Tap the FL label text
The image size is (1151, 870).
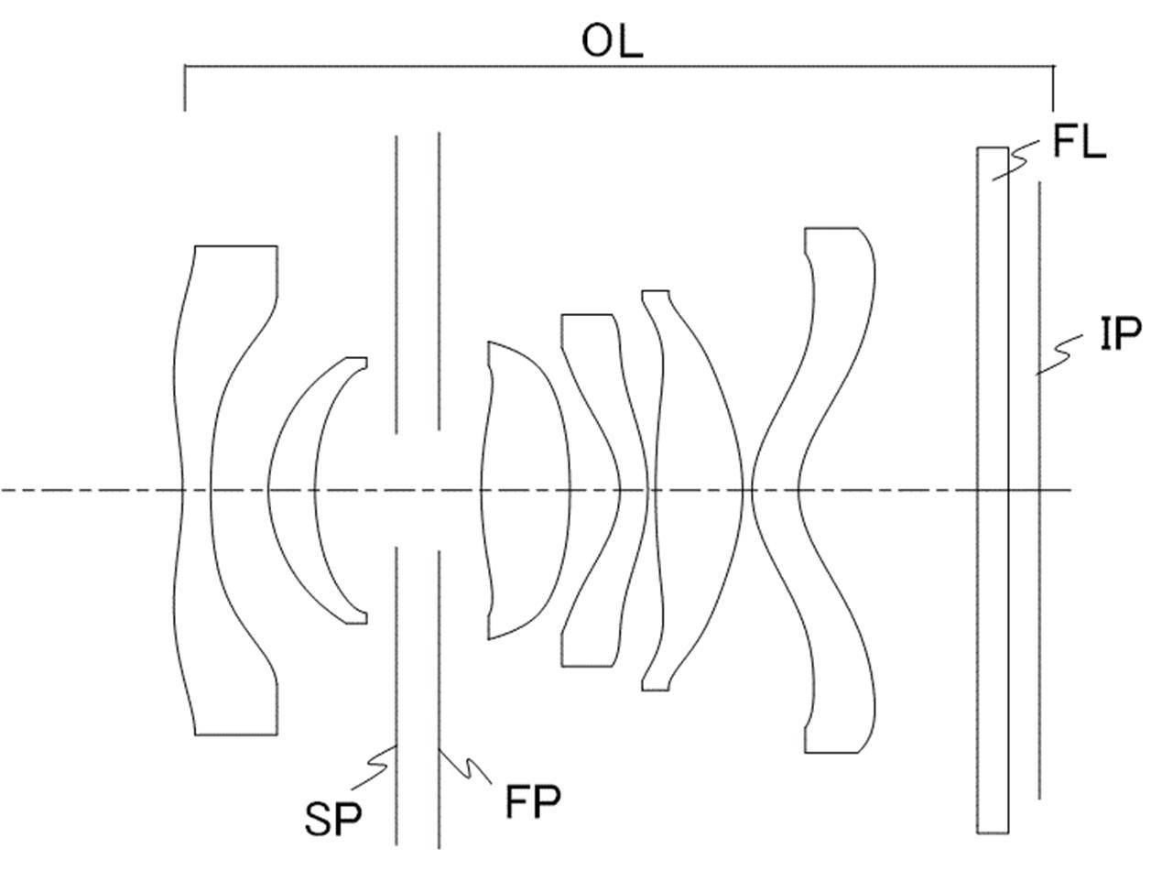pos(1080,142)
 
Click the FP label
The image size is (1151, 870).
pos(532,802)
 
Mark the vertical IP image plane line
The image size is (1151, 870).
pos(1039,490)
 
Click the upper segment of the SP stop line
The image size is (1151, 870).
pos(396,285)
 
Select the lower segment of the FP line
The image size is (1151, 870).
pos(439,699)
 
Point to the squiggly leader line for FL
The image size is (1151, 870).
pos(1015,160)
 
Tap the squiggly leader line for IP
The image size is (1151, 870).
pos(1059,355)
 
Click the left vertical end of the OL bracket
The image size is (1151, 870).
pos(185,88)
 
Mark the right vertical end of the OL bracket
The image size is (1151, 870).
pos(1053,88)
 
